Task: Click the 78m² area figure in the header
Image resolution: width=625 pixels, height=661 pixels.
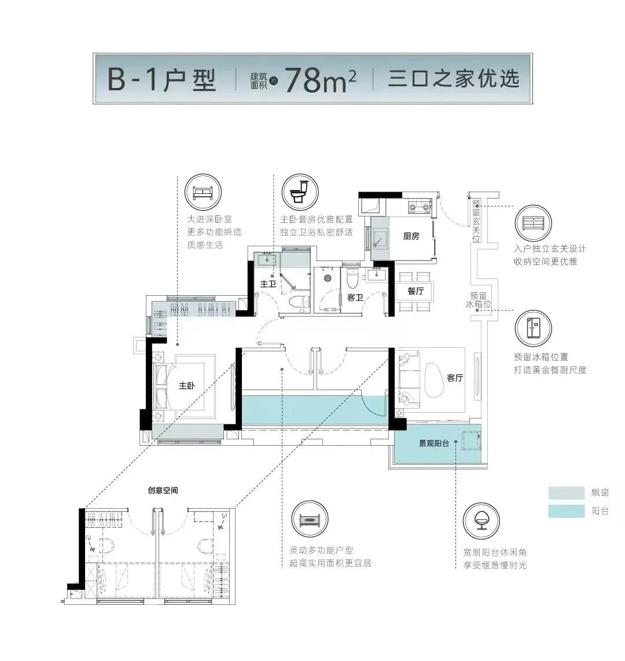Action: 320,80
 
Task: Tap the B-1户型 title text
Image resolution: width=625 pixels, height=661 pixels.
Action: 162,80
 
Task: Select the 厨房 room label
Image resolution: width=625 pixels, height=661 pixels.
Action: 411,236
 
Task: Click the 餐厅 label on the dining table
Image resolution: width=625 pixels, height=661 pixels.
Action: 416,291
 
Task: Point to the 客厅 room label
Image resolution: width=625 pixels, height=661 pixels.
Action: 455,379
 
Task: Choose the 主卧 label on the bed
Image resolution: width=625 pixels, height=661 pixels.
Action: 186,386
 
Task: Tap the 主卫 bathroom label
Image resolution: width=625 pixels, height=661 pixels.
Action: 267,285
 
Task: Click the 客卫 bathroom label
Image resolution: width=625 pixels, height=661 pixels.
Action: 355,297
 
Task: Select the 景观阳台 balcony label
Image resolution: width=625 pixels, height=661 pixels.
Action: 434,444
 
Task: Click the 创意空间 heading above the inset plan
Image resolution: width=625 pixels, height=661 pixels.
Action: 163,490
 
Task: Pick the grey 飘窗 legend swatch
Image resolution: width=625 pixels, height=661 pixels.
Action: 567,493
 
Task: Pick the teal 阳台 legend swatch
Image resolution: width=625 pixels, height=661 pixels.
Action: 567,511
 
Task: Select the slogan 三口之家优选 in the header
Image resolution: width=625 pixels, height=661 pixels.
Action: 454,79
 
